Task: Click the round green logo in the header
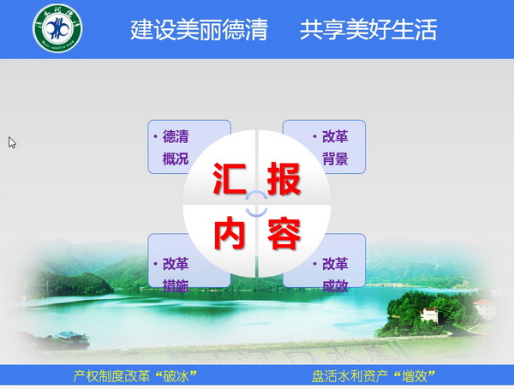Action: click(x=57, y=28)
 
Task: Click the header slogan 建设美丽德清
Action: click(x=199, y=29)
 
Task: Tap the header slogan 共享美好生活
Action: click(x=368, y=29)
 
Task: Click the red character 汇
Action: click(x=229, y=179)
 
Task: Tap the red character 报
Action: click(x=284, y=179)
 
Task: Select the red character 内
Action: click(x=229, y=233)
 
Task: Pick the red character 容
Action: click(x=284, y=233)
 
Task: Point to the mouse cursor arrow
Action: click(x=12, y=143)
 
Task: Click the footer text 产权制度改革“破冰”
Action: click(x=134, y=376)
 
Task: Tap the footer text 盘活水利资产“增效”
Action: click(x=374, y=376)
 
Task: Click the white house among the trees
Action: click(x=429, y=314)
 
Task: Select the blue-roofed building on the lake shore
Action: click(x=71, y=338)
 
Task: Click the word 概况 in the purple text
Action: click(x=176, y=159)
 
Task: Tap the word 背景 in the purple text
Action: click(x=335, y=159)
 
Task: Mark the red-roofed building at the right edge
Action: click(x=484, y=308)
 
